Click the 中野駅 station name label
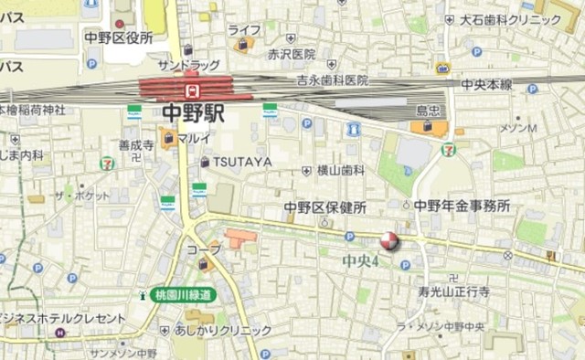click(194, 113)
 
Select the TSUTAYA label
click(236, 162)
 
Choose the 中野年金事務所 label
click(462, 206)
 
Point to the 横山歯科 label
click(340, 170)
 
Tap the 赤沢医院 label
click(292, 54)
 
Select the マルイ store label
click(194, 139)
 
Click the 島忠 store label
click(429, 111)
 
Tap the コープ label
click(204, 249)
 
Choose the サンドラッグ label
click(188, 66)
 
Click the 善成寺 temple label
click(136, 144)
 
